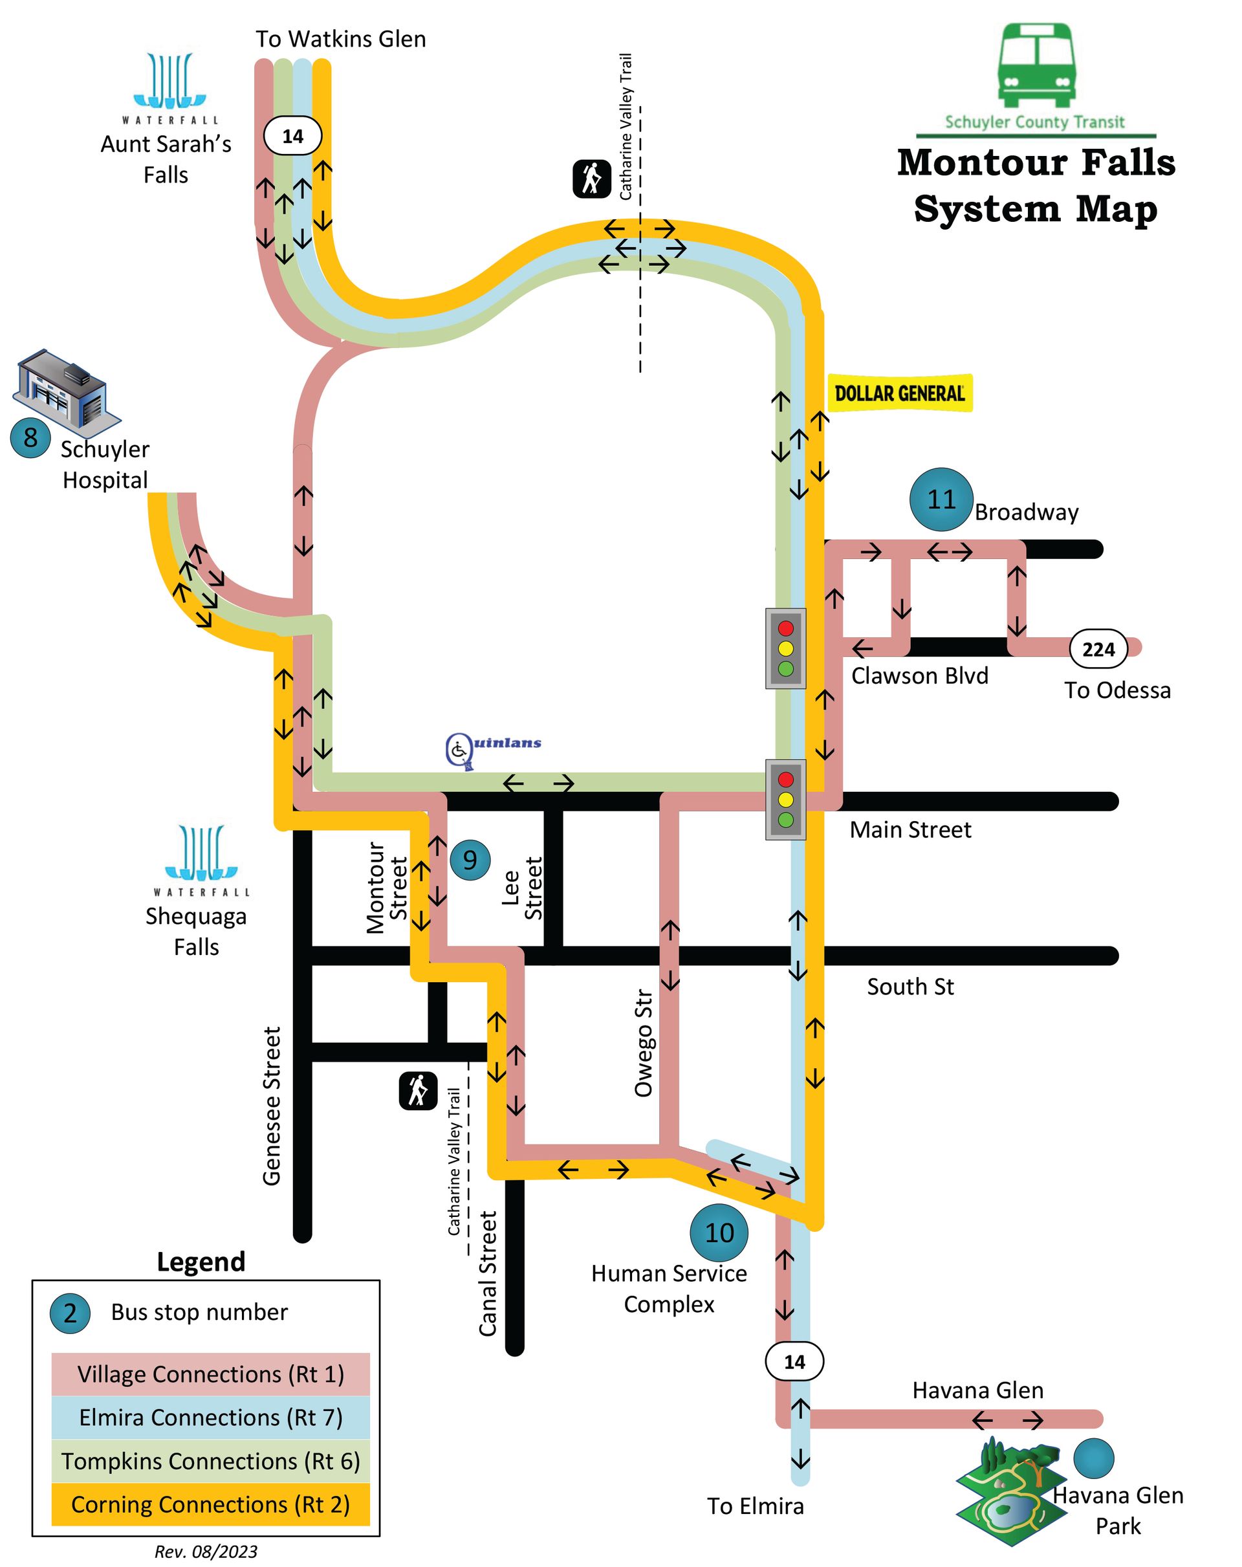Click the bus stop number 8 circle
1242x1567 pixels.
pos(30,437)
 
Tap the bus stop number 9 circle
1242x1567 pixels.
pos(470,860)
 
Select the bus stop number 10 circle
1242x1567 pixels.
pos(719,1233)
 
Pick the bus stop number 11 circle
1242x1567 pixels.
pos(941,499)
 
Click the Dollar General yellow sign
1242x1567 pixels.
pos(900,393)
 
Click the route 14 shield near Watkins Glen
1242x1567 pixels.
pos(292,135)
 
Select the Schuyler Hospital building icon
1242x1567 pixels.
pos(66,388)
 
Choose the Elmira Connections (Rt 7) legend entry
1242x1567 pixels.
pos(211,1418)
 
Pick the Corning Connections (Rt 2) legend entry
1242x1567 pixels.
pos(211,1504)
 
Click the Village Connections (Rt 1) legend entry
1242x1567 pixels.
pos(211,1374)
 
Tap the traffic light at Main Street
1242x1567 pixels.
pos(785,800)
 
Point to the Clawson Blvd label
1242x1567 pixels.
pos(919,676)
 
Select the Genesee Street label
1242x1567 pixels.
pos(272,1106)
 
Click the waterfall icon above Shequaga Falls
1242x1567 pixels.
pos(201,853)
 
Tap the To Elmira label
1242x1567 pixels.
pos(755,1506)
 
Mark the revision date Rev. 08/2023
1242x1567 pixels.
pos(206,1551)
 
